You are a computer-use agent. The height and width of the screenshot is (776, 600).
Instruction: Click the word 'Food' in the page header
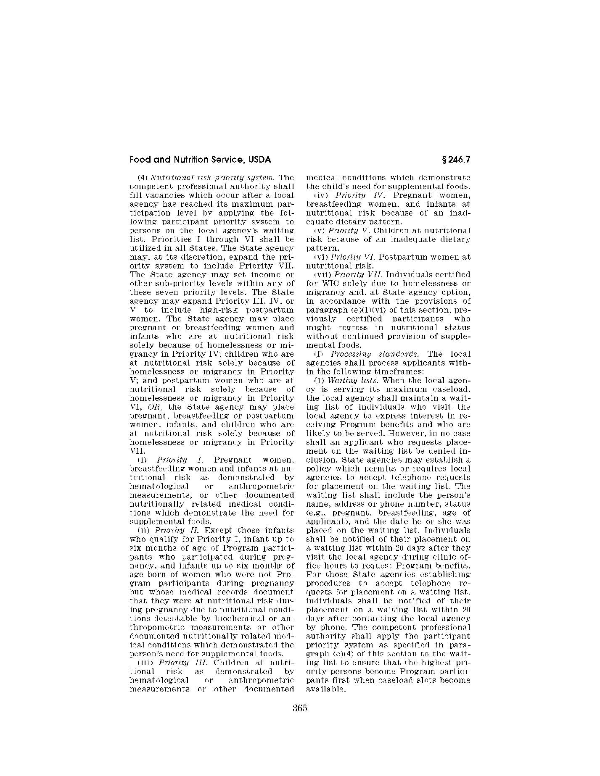point(139,160)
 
